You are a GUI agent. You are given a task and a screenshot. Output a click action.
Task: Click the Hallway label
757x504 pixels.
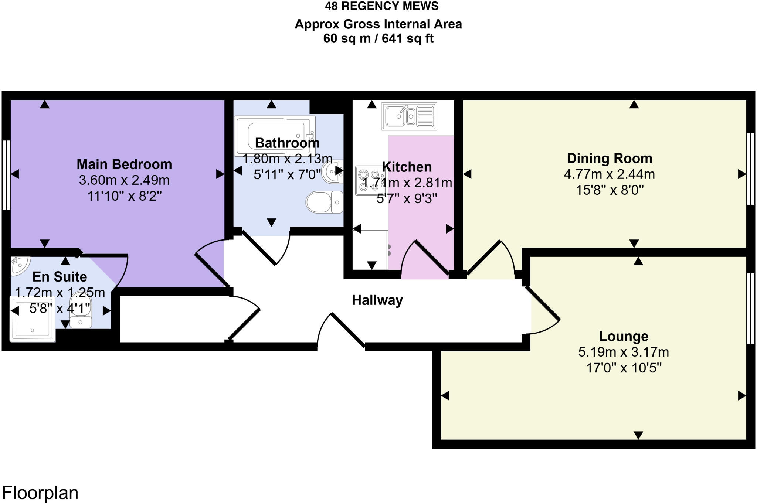pyautogui.click(x=377, y=300)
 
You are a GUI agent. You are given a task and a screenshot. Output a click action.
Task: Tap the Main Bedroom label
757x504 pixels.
pyautogui.click(x=124, y=164)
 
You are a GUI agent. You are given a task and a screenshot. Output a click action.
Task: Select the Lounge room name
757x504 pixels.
pyautogui.click(x=624, y=336)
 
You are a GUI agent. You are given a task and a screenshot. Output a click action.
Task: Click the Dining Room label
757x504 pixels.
pyautogui.click(x=609, y=158)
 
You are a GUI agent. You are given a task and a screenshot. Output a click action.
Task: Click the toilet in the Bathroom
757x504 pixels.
pyautogui.click(x=324, y=202)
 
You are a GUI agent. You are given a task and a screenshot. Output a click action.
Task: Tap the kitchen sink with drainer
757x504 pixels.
pyautogui.click(x=409, y=116)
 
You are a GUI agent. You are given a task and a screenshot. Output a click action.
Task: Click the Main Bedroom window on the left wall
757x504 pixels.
pyautogui.click(x=6, y=175)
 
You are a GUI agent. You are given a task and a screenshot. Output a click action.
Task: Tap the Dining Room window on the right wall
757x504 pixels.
pyautogui.click(x=751, y=169)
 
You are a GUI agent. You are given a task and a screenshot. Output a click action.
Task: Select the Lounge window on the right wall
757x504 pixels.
pyautogui.click(x=751, y=309)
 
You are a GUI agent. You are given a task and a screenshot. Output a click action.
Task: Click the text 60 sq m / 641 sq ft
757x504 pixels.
pyautogui.click(x=378, y=38)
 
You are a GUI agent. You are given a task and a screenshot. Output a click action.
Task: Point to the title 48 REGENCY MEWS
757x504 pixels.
pyautogui.click(x=382, y=6)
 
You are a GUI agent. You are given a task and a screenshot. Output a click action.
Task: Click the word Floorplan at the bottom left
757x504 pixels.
pyautogui.click(x=40, y=493)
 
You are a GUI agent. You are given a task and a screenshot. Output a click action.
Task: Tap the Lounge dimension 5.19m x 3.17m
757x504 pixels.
pyautogui.click(x=624, y=352)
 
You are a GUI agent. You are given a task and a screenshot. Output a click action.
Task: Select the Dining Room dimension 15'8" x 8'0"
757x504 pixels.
pyautogui.click(x=610, y=190)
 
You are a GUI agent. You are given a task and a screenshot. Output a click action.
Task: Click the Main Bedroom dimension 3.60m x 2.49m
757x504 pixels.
pyautogui.click(x=124, y=180)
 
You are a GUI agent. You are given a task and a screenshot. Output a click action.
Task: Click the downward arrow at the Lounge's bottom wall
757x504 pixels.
pyautogui.click(x=638, y=435)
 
